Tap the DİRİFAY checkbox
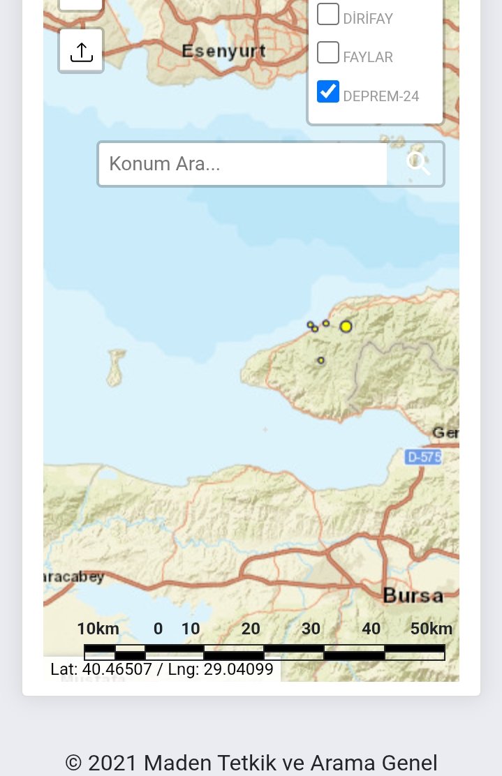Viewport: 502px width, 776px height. tap(327, 14)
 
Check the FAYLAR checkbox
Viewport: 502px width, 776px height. tap(327, 52)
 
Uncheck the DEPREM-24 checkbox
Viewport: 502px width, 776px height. tap(327, 91)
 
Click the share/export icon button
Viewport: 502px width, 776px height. tap(82, 51)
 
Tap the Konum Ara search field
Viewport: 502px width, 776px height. tap(242, 164)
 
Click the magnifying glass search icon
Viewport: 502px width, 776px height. tap(418, 164)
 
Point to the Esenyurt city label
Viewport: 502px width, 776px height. tap(223, 51)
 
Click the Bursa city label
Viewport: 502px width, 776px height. tap(413, 596)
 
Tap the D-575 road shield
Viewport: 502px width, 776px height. tap(423, 457)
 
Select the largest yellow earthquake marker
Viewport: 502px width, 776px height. tap(346, 326)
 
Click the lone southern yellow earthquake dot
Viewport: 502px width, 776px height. tap(321, 361)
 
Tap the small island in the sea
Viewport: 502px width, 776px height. tap(116, 367)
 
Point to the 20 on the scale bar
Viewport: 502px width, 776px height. tap(251, 629)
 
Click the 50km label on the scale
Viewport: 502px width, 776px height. tap(431, 629)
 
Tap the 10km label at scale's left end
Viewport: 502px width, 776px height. tap(98, 629)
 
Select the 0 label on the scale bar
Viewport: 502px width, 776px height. tap(158, 629)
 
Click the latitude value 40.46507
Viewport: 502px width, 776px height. tap(115, 670)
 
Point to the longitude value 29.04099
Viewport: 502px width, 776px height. tap(238, 670)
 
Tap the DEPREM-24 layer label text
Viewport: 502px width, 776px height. tap(381, 96)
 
